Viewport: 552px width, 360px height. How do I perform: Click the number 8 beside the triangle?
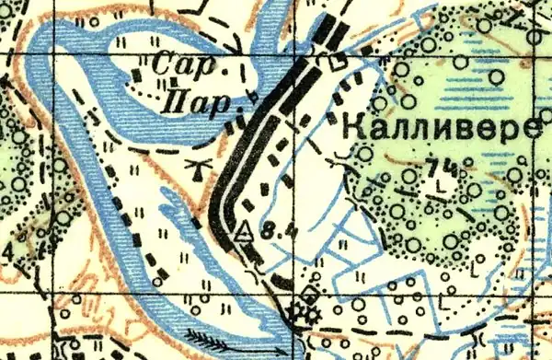coord(265,233)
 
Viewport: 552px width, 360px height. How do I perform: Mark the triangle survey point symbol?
coord(245,232)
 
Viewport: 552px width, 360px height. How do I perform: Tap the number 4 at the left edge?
coord(7,250)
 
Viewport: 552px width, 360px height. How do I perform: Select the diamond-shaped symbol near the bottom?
coord(309,295)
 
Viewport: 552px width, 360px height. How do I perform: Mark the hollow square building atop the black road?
coord(338,63)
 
